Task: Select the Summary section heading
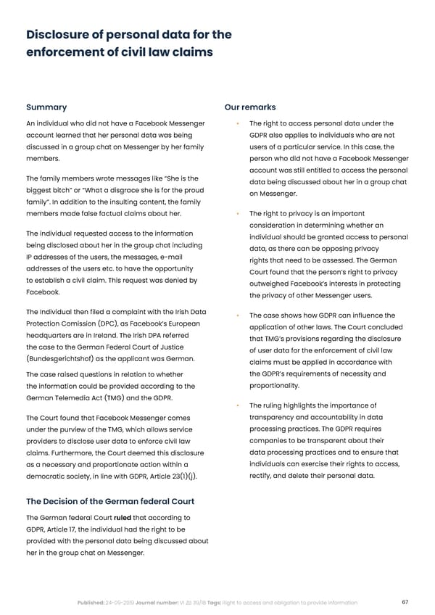46,107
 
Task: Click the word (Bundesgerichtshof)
63,358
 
